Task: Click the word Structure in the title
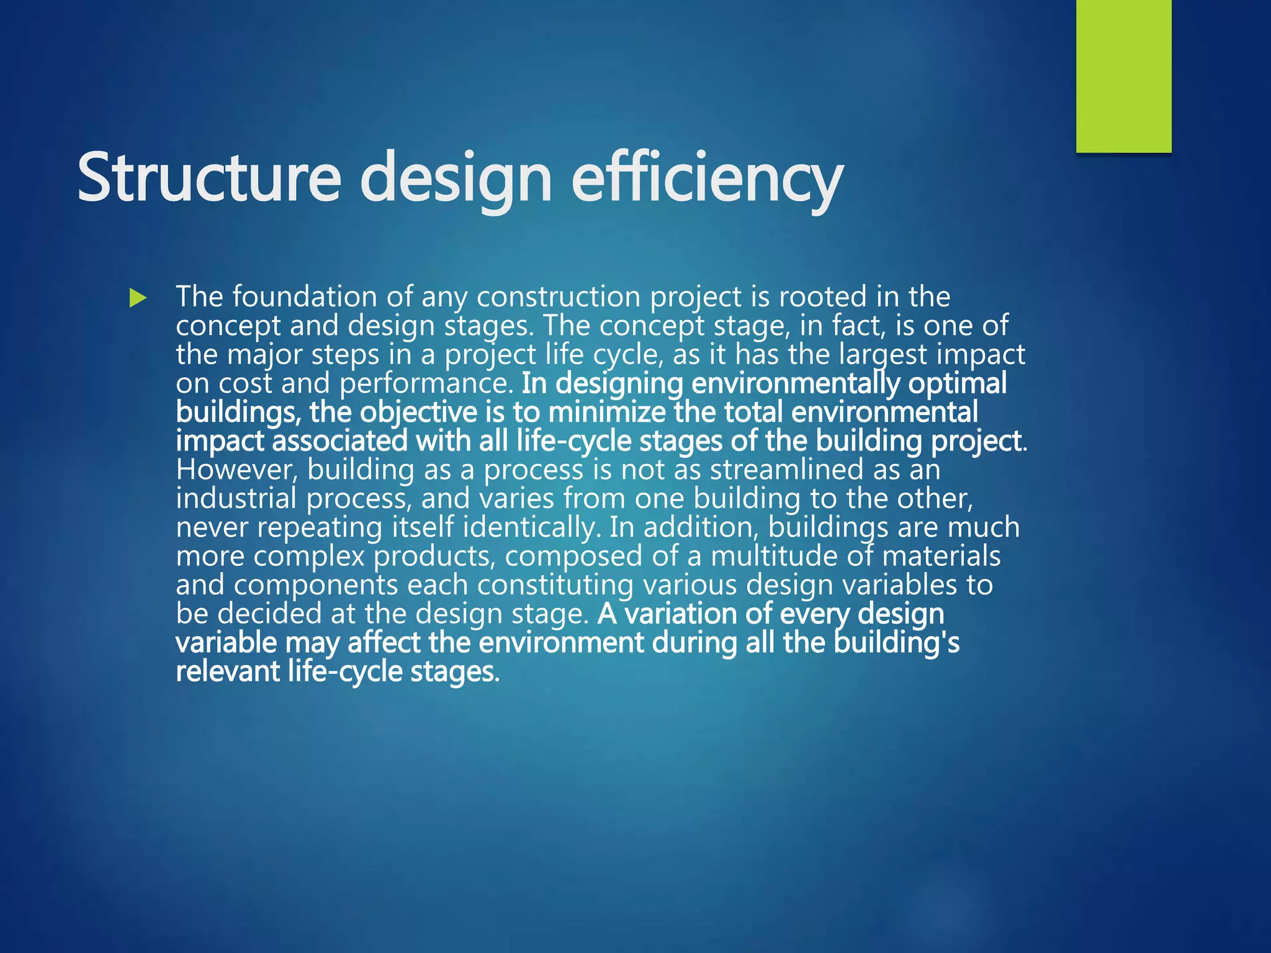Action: click(x=209, y=178)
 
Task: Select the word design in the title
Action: click(x=456, y=178)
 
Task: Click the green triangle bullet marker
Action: click(x=138, y=298)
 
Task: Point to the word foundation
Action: click(x=305, y=297)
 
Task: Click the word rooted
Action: click(x=822, y=297)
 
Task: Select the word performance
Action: click(x=426, y=383)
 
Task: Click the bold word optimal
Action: click(x=957, y=383)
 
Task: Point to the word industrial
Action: click(x=236, y=498)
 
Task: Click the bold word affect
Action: click(x=383, y=643)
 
